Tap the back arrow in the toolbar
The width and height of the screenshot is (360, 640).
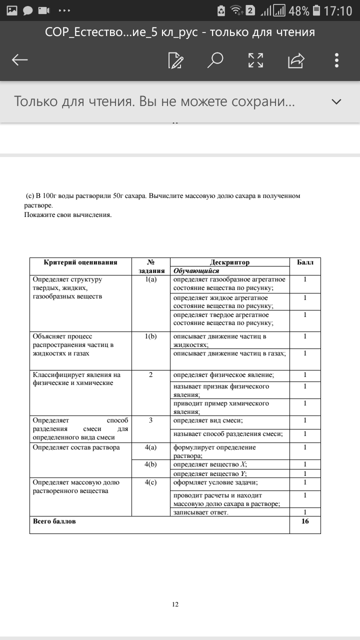[x=20, y=60]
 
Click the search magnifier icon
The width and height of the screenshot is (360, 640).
[x=215, y=60]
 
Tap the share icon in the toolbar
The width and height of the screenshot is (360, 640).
[x=296, y=60]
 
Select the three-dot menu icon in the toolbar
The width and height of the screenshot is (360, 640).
[x=337, y=60]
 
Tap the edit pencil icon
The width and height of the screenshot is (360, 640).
[x=175, y=60]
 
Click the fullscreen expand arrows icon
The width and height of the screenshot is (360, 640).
[x=255, y=60]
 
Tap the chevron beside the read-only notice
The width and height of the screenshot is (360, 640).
[x=336, y=102]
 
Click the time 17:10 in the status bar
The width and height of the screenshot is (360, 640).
[x=338, y=10]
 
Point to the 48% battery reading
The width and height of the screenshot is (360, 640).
[x=298, y=10]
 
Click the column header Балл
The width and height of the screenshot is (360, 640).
[x=305, y=262]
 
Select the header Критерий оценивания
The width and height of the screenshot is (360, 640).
[x=80, y=262]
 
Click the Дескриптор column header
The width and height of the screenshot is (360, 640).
[x=229, y=262]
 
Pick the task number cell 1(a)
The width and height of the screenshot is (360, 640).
[x=150, y=279]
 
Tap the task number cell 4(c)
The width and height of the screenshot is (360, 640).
[x=150, y=482]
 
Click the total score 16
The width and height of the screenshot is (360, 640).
[x=305, y=521]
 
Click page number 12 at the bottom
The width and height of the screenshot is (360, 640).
[x=175, y=604]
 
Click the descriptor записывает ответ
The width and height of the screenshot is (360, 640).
[x=200, y=512]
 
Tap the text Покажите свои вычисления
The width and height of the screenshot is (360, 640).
[x=68, y=215]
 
